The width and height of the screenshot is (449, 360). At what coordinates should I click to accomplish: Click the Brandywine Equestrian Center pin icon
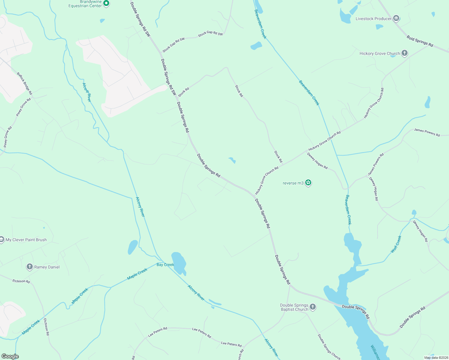tap(106, 3)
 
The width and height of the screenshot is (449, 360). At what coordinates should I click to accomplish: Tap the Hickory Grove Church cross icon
tap(405, 53)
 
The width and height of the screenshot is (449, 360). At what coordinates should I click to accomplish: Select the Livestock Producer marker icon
tap(396, 19)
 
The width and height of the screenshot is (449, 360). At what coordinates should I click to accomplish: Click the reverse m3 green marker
tap(308, 183)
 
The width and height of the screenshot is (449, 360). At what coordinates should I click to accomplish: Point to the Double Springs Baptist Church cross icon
tap(313, 307)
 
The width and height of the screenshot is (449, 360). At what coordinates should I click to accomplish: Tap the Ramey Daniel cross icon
tap(29, 267)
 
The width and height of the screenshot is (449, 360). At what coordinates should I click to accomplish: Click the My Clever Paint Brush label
tap(26, 240)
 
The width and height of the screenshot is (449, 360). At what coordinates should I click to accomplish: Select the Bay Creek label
tap(165, 265)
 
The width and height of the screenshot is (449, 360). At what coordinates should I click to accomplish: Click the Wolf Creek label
tap(396, 244)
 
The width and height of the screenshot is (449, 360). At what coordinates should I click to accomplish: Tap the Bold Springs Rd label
tap(420, 41)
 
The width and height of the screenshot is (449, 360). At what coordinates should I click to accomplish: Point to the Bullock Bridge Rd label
tap(24, 83)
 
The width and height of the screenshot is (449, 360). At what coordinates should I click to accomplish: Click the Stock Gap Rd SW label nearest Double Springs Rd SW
tap(173, 45)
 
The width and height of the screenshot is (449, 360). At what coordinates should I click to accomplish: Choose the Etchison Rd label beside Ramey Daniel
tap(21, 281)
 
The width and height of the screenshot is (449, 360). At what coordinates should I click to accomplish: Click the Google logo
tap(10, 356)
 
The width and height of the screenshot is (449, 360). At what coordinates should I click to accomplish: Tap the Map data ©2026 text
tap(435, 358)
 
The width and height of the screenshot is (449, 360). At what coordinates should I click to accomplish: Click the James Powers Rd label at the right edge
tap(427, 132)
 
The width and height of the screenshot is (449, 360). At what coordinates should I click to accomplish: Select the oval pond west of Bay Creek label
tap(133, 247)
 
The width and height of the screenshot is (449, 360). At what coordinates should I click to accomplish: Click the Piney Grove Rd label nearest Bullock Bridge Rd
tap(23, 107)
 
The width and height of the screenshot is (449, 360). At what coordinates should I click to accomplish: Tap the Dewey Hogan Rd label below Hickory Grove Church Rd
tap(317, 161)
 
